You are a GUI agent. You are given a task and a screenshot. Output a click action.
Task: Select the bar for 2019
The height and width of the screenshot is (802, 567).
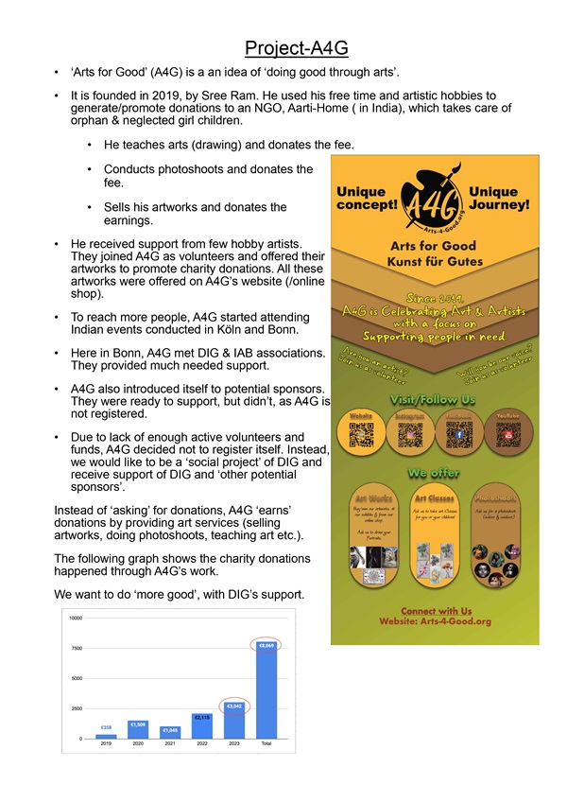pyautogui.click(x=106, y=735)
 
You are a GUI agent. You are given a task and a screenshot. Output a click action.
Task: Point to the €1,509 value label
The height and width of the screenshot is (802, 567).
pyautogui.click(x=137, y=724)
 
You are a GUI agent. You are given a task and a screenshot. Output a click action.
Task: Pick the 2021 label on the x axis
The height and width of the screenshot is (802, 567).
pyautogui.click(x=169, y=745)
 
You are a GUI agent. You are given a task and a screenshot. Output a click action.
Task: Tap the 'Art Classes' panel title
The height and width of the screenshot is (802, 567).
pyautogui.click(x=434, y=497)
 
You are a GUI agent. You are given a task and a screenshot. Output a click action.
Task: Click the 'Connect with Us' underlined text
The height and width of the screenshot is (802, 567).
pyautogui.click(x=434, y=611)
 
